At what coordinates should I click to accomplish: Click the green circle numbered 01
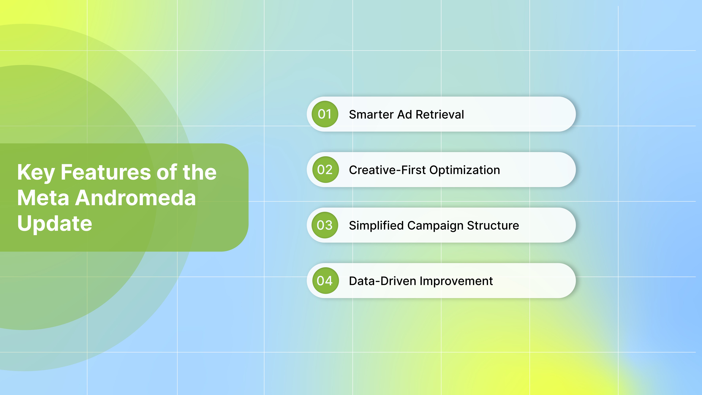325,114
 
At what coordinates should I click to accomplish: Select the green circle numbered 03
325,225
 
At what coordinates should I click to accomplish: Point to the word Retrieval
440,114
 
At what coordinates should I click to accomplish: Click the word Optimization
465,170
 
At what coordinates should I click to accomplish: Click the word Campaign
435,226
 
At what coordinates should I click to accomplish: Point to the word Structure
493,226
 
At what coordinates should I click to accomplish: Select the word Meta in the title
43,198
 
